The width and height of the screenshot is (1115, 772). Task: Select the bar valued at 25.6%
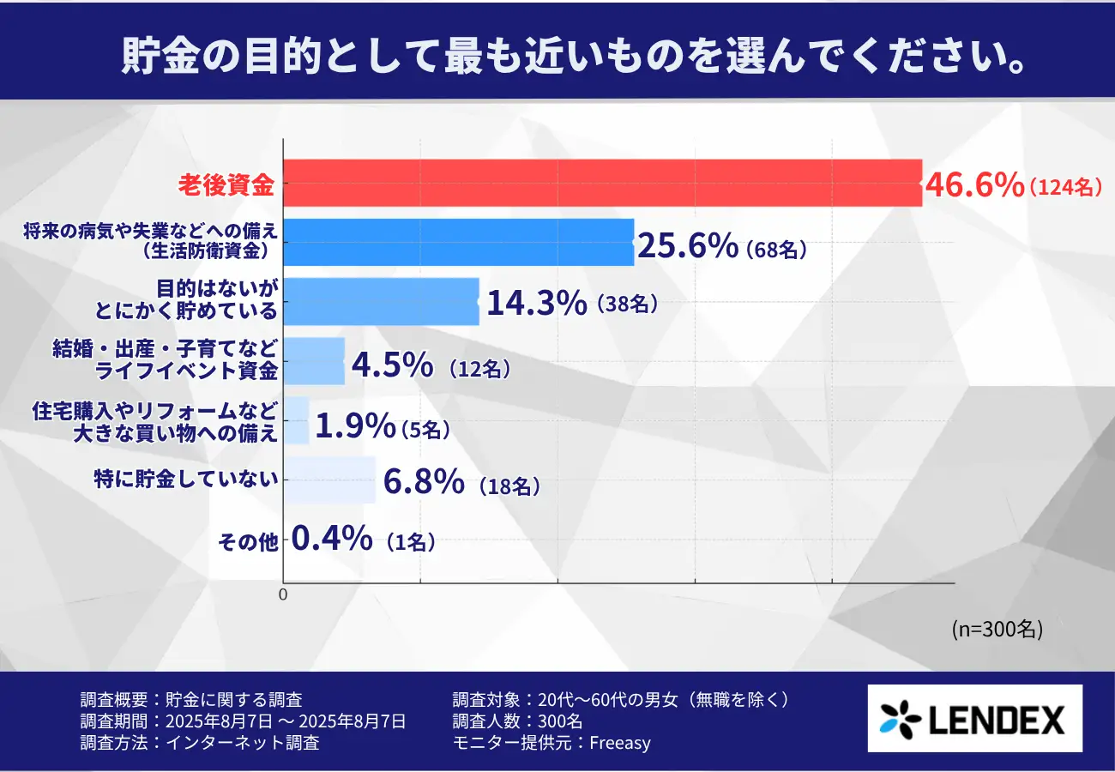tap(458, 242)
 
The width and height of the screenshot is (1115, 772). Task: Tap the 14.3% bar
tap(381, 301)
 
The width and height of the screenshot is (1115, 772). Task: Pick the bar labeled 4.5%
tap(314, 360)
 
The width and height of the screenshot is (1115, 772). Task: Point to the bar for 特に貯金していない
tap(329, 479)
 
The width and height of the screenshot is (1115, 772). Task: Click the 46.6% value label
tap(973, 184)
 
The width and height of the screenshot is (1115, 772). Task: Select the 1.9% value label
tap(355, 425)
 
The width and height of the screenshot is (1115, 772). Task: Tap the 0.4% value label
tap(332, 540)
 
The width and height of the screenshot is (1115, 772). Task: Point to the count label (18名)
tap(509, 487)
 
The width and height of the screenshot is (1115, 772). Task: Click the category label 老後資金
tap(226, 184)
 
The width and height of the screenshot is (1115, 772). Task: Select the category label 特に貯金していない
tap(187, 480)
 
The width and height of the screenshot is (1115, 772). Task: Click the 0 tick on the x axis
tap(284, 594)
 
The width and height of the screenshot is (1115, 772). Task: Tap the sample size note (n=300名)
tap(997, 629)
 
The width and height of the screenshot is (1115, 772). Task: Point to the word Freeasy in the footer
tap(620, 743)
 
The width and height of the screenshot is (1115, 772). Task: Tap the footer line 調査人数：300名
tap(517, 721)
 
